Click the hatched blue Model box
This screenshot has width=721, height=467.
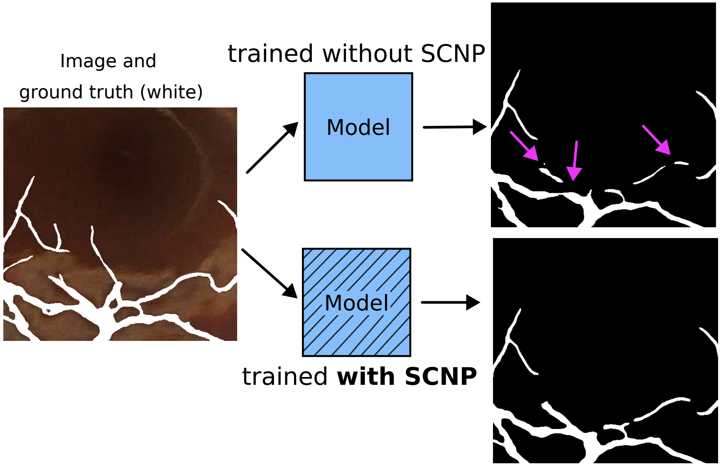pyautogui.click(x=356, y=332)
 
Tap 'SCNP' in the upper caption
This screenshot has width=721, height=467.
pyautogui.click(x=453, y=54)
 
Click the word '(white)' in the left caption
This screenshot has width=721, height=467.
pyautogui.click(x=171, y=92)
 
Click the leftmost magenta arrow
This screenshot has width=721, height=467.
pyautogui.click(x=524, y=146)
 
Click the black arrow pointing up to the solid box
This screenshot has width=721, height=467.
pyautogui.click(x=272, y=147)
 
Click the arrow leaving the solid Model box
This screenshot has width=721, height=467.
pyautogui.click(x=454, y=127)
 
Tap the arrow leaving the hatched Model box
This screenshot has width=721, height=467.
pyautogui.click(x=450, y=302)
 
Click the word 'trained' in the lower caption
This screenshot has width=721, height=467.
pyautogui.click(x=285, y=377)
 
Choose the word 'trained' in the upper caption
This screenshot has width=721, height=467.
pyautogui.click(x=271, y=54)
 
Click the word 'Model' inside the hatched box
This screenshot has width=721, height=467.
pyautogui.click(x=356, y=303)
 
